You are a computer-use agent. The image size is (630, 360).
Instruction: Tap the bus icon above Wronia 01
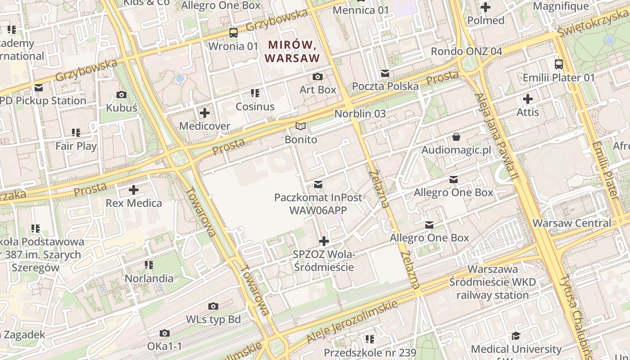tap(233, 32)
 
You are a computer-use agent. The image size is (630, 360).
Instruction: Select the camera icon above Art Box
tap(318, 76)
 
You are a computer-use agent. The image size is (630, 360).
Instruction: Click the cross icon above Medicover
tap(205, 112)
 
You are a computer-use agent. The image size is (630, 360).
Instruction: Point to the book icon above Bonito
tap(301, 126)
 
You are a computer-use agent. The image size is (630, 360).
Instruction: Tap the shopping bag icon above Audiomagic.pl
tap(456, 136)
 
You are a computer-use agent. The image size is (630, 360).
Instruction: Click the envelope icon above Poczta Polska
tap(385, 73)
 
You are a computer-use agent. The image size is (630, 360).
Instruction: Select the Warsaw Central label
tap(572, 223)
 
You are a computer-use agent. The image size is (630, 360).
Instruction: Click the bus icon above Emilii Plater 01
tap(559, 64)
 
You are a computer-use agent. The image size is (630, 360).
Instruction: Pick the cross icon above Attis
tap(528, 99)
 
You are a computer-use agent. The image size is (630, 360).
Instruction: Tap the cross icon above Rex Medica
tap(134, 189)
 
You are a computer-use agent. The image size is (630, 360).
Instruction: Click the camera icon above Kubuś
tap(121, 94)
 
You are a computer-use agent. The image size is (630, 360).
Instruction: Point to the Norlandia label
tap(149, 278)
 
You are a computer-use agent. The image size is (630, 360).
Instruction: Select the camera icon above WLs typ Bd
tap(213, 306)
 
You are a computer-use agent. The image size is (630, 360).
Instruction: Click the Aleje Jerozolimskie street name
tap(352, 322)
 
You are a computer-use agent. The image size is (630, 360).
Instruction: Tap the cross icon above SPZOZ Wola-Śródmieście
tap(324, 241)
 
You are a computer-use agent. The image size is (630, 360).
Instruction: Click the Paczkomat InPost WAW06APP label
tap(318, 203)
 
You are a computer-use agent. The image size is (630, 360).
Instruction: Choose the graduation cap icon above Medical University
tap(516, 336)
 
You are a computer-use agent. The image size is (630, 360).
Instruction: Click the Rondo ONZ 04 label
tap(466, 51)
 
